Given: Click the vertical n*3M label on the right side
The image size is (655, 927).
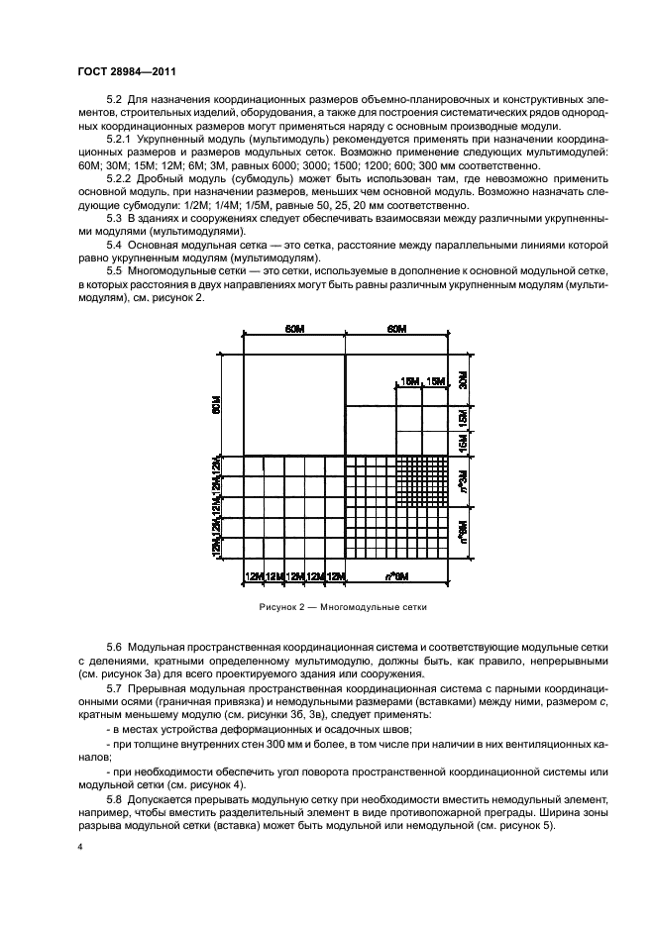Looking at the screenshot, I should tap(463, 482).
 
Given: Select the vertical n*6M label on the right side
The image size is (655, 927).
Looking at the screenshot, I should tap(463, 535).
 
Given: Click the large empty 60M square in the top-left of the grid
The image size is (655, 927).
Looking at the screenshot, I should tap(294, 404).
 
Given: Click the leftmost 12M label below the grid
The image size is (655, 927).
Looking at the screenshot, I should tap(255, 575).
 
